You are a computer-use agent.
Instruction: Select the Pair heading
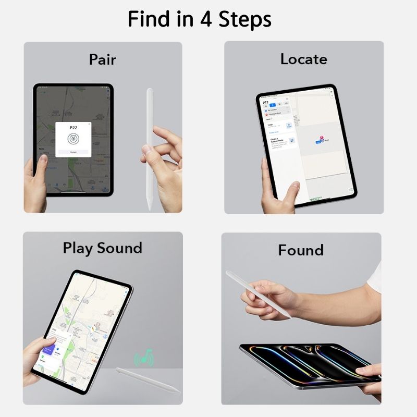(x=102, y=59)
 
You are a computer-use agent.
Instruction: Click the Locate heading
(x=303, y=59)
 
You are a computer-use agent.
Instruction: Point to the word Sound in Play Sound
(x=119, y=248)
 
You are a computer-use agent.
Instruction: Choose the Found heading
(x=301, y=250)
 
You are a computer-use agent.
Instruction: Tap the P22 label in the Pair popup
(x=73, y=128)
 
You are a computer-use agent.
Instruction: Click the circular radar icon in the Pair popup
(x=73, y=139)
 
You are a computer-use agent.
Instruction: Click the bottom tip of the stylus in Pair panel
(x=150, y=207)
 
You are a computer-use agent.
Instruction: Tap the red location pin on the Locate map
(x=322, y=138)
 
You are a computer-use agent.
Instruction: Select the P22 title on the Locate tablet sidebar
(x=266, y=103)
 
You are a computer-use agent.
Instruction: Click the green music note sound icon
(x=144, y=358)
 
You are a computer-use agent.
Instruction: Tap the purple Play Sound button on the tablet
(x=50, y=345)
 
